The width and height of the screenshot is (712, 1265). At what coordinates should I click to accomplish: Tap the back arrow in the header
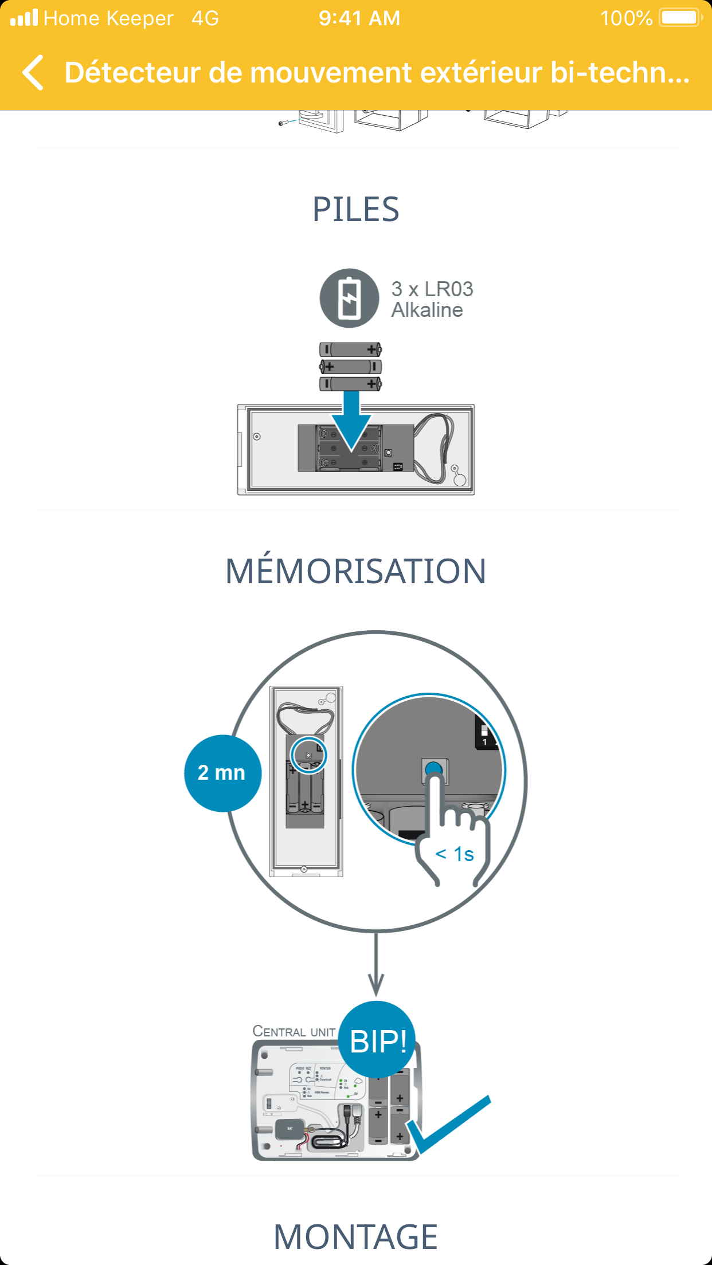33,73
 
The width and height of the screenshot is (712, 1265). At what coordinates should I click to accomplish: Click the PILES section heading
355,209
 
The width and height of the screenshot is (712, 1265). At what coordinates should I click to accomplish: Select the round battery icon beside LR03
349,298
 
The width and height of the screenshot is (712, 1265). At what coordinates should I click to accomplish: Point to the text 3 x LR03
432,289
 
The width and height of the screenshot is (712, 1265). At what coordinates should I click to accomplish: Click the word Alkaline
427,310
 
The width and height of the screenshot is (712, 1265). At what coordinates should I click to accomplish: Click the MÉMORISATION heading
355,571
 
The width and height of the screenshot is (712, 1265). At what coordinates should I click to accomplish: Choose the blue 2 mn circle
222,773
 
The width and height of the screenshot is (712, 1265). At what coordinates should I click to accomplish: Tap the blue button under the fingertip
434,768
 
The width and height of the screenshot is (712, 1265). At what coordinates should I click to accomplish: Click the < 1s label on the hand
455,854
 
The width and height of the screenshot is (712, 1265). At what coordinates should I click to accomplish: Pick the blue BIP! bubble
377,1040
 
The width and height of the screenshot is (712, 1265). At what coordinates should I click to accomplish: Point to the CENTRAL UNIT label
294,1032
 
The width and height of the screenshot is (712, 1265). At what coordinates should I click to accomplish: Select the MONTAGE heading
355,1237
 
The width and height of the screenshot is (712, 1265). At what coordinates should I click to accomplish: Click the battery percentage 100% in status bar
626,18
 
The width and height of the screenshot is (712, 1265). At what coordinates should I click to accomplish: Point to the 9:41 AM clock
359,18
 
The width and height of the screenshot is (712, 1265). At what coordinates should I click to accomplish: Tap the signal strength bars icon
24,18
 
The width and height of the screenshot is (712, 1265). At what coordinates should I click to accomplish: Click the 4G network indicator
205,18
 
